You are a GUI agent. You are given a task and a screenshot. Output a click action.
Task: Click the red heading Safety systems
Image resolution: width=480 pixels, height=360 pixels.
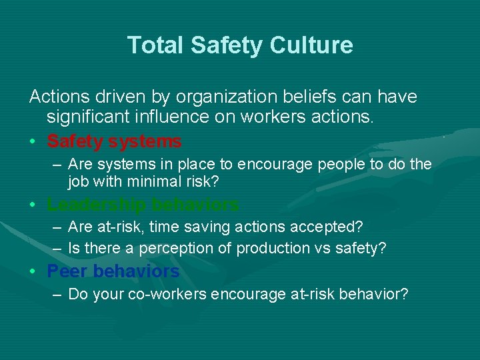click(114, 141)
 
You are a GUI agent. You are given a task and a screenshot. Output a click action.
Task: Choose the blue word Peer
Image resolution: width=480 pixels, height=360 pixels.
click(67, 271)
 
